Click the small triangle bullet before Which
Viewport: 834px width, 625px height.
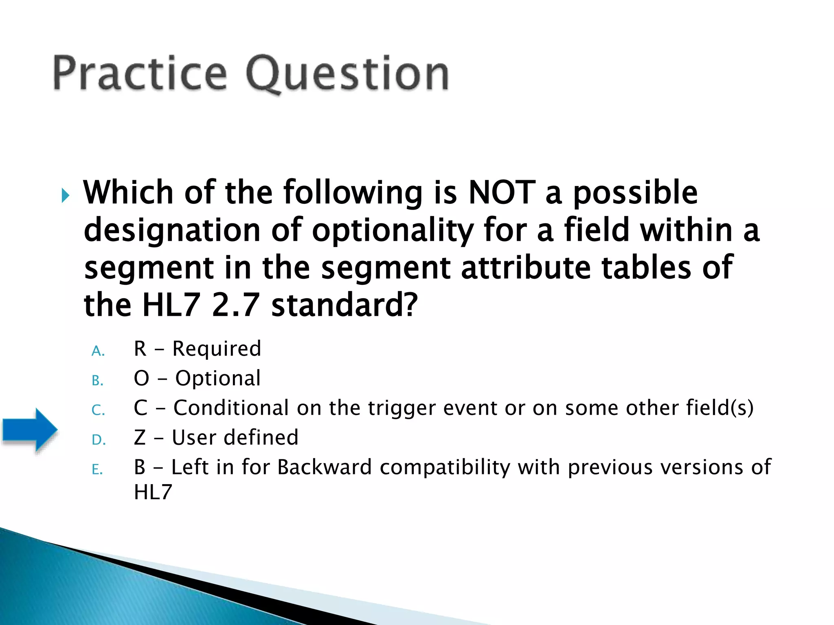tap(65, 196)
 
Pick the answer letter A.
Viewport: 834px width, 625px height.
tap(98, 351)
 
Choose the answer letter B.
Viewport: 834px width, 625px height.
tap(97, 380)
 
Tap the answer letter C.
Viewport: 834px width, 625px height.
tap(98, 410)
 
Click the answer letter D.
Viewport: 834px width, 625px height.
tap(99, 440)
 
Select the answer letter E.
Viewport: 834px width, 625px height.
tap(97, 470)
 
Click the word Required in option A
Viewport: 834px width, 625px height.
tap(217, 349)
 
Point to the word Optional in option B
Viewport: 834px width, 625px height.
tap(218, 379)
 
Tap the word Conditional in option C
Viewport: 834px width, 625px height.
tap(231, 408)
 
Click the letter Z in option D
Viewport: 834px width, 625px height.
tap(140, 438)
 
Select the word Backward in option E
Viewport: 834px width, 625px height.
tap(325, 467)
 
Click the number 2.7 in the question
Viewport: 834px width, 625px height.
tap(236, 305)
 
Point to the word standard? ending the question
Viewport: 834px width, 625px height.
tap(345, 305)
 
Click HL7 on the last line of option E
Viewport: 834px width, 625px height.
tap(153, 492)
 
